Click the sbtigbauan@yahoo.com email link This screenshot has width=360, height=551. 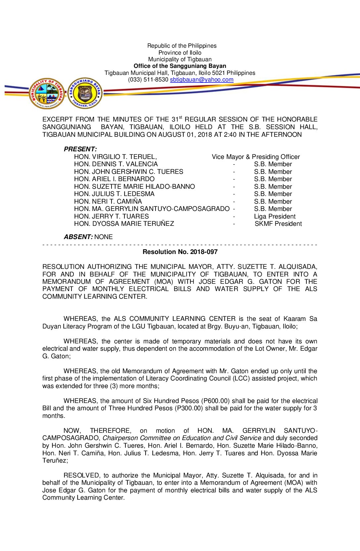click(202, 79)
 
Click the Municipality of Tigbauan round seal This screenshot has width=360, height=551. click(47, 93)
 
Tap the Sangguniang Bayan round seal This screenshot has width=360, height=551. click(85, 93)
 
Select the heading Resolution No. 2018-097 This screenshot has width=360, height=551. click(180, 252)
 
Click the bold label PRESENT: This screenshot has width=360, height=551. click(80, 149)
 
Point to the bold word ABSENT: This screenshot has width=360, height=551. click(78, 237)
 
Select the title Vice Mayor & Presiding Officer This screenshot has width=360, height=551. click(256, 157)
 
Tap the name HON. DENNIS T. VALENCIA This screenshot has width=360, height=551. click(116, 164)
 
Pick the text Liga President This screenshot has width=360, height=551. click(275, 216)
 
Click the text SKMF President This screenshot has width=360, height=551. click(278, 224)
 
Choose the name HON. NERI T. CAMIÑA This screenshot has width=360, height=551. click(108, 201)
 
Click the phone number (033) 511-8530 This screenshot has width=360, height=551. click(148, 79)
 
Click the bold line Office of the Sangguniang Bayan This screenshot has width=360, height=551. click(180, 66)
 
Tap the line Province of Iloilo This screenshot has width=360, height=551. click(180, 53)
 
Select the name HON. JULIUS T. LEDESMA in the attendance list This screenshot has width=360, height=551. click(114, 194)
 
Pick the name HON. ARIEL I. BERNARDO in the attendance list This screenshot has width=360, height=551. click(114, 179)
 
